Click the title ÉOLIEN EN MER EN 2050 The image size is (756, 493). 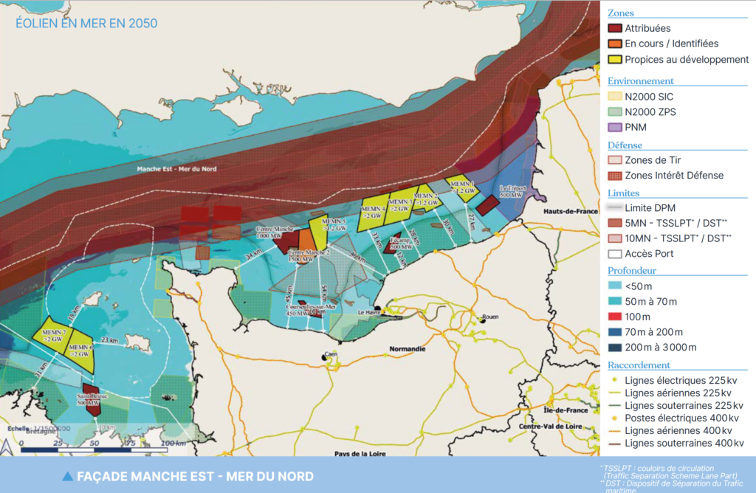(x=86, y=24)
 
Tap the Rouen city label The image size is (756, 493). (x=490, y=318)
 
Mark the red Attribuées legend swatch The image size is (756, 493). (x=614, y=28)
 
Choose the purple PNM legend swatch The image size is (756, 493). (x=614, y=128)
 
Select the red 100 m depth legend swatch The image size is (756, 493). (x=614, y=317)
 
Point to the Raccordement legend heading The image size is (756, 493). (x=639, y=365)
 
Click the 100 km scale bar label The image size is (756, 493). (x=173, y=442)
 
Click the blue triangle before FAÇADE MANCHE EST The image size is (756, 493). (x=68, y=476)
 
